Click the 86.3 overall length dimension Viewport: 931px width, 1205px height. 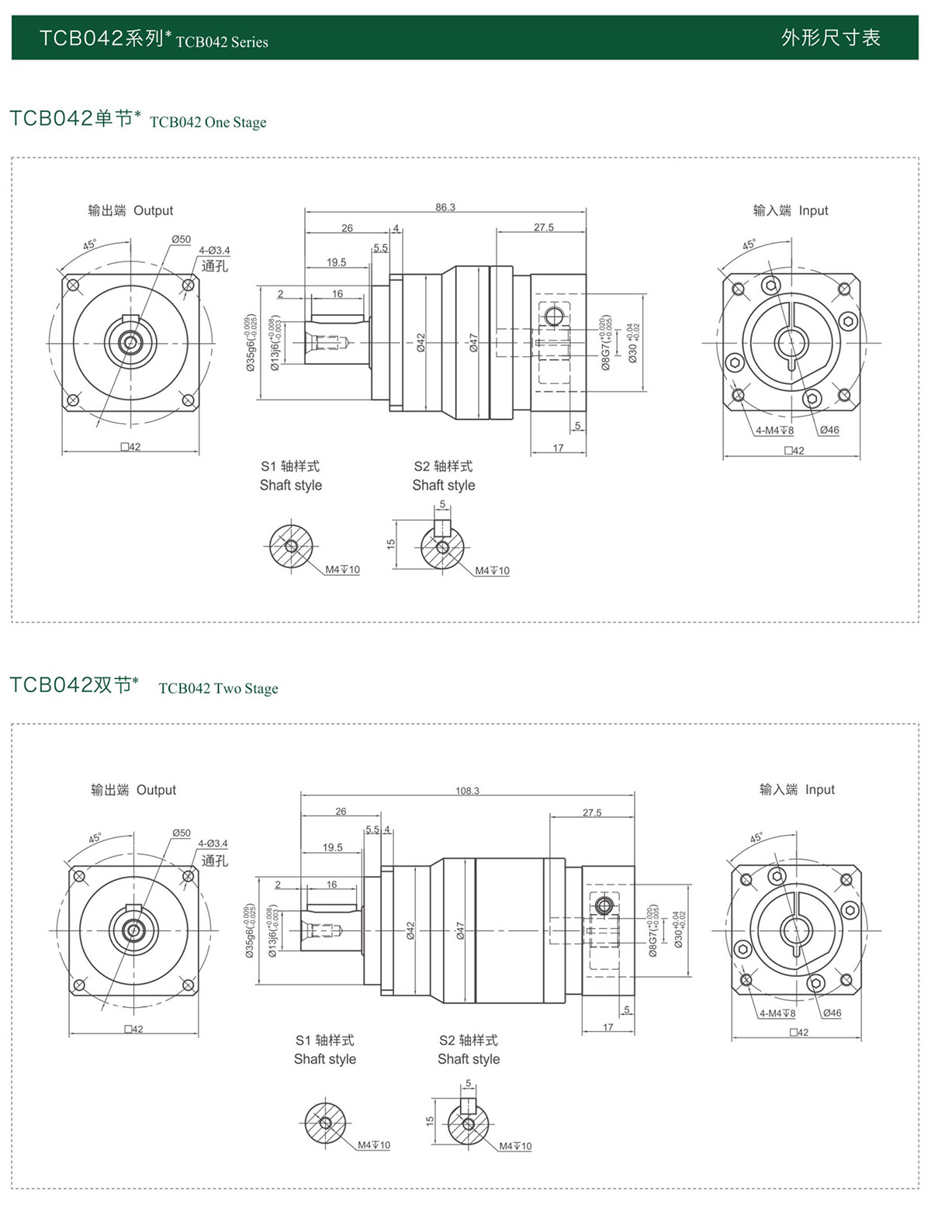[x=445, y=207]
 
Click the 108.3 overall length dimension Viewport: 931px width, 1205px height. [x=467, y=791]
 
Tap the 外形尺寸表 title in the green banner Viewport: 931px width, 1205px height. [x=830, y=37]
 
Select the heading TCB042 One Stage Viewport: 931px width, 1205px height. [x=208, y=122]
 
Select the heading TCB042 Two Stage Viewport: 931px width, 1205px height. [x=218, y=688]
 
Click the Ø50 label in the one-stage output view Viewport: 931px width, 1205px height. [x=181, y=240]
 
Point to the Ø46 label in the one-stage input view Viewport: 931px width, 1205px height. [x=829, y=430]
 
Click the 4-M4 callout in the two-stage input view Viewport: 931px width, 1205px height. [x=777, y=1013]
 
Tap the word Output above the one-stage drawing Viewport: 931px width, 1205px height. [x=153, y=210]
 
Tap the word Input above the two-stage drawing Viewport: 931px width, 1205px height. [x=819, y=789]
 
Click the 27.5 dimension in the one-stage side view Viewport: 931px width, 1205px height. [x=544, y=227]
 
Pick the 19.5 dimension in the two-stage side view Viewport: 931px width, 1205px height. [x=332, y=847]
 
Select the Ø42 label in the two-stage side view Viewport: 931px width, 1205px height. [x=410, y=930]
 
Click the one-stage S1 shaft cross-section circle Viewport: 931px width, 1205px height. [x=291, y=546]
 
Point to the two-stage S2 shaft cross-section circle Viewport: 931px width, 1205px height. [x=468, y=1124]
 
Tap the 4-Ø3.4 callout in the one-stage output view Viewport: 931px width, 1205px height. [x=214, y=251]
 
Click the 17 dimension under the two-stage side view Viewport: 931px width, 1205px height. [x=607, y=1027]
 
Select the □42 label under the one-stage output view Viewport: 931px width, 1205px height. [x=130, y=447]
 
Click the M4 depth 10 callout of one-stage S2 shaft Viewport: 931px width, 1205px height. [x=493, y=571]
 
